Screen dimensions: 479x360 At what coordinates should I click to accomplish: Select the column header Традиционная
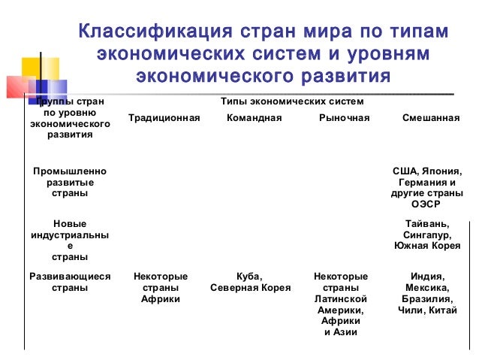point(164,118)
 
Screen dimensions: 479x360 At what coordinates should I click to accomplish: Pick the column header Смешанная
point(431,118)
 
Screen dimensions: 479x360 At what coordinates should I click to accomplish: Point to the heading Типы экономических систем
point(292,101)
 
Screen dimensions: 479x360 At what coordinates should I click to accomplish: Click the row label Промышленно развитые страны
point(69,183)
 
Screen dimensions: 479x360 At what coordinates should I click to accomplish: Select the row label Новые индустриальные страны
point(69,240)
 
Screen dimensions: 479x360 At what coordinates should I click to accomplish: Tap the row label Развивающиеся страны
point(69,282)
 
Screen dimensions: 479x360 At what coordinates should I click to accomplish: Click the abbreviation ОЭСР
point(426,204)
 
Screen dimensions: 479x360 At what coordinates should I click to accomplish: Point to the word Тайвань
point(427,223)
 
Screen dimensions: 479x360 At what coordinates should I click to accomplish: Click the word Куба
point(249,277)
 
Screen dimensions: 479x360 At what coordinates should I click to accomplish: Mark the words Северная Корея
point(250,288)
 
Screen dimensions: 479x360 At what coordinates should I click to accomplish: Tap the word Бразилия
point(426,299)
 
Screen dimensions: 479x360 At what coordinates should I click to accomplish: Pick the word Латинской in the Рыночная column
point(341,299)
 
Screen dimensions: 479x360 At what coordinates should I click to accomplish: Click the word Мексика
point(426,288)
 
